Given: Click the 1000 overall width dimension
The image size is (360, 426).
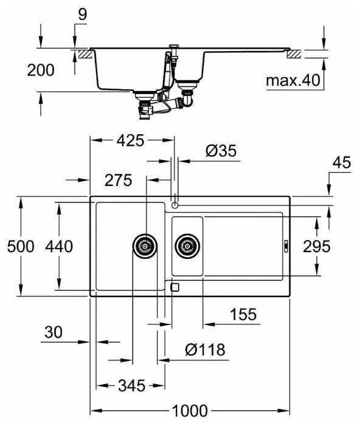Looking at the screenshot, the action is click(190, 411).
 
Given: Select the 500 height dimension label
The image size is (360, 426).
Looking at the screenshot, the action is click(21, 246).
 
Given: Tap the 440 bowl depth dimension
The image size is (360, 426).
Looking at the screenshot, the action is click(59, 246).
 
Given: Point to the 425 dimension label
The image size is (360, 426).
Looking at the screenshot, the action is click(131, 140).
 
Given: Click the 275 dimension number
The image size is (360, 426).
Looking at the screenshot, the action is click(119, 180).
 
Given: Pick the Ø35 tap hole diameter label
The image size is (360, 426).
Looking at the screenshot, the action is click(221, 151).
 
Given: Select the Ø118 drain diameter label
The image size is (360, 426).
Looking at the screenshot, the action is click(205, 349).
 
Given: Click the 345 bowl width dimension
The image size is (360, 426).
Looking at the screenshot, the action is click(131, 385).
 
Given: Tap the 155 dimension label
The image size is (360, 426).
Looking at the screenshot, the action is click(243, 314).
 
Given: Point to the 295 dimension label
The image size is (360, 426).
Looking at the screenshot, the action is click(317, 246).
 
